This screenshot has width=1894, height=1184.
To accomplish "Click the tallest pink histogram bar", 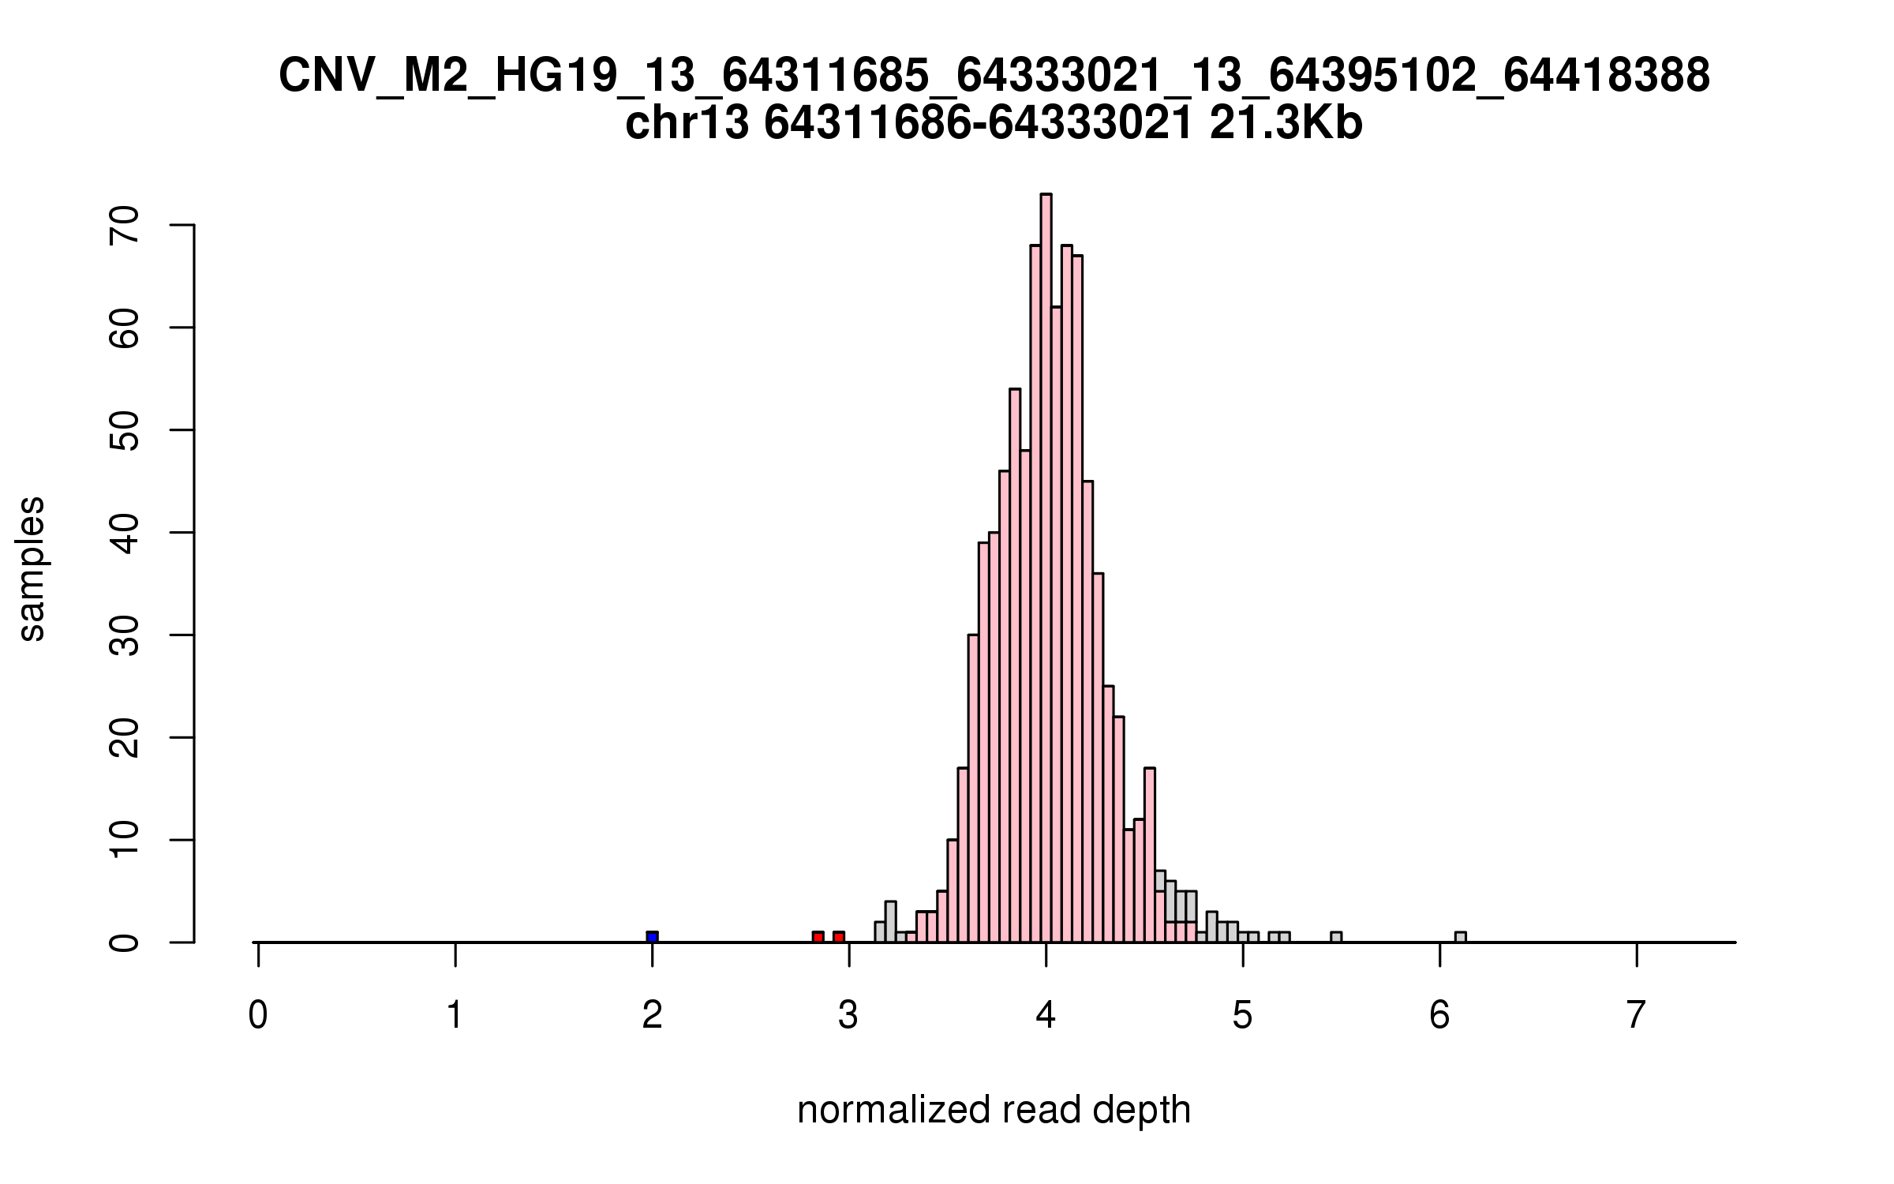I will point(1046,568).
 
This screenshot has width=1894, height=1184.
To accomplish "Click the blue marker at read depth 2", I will point(652,937).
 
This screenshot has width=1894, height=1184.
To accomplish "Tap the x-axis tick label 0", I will point(258,1015).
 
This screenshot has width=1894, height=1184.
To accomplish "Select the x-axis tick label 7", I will point(1637,1015).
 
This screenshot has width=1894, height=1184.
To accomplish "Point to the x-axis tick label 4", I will point(1046,1015).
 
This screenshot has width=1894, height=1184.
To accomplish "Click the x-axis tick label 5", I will point(1243,1015).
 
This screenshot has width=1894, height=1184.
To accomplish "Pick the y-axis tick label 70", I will point(125,226).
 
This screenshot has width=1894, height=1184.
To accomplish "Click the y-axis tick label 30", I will point(125,635).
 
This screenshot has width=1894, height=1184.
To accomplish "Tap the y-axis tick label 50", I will point(125,430).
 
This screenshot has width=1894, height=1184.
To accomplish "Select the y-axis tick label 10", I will point(125,840).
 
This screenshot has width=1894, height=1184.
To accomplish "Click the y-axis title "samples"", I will point(32,568).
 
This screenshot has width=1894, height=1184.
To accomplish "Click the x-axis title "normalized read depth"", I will point(994,1110).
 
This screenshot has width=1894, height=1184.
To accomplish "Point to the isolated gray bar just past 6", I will point(1461,937).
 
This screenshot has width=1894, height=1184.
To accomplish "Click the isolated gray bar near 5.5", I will point(1336,937).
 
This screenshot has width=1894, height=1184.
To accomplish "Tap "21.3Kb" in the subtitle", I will point(1286,125).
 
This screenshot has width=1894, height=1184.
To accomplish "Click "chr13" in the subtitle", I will point(687,125).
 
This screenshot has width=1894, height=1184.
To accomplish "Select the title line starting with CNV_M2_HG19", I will point(994,77).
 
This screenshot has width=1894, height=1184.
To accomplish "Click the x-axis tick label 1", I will point(455,1015).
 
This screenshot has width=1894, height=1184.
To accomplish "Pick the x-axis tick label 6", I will point(1439,1015).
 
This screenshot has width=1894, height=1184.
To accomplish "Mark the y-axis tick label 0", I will point(125,942).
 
